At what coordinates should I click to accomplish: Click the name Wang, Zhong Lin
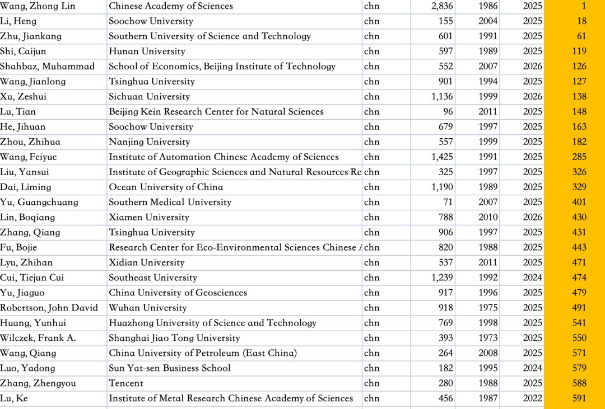click(38, 6)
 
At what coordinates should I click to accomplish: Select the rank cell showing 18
click(581, 21)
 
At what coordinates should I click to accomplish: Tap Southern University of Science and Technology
click(210, 36)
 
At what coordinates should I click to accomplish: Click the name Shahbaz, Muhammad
click(47, 67)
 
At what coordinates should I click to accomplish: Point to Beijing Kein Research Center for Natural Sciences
click(216, 112)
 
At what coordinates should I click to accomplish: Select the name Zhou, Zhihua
click(30, 142)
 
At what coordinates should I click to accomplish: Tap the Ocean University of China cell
click(166, 187)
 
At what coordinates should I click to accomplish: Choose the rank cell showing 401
click(579, 203)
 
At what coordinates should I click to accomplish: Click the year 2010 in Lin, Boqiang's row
click(487, 218)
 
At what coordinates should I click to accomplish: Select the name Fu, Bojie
click(18, 248)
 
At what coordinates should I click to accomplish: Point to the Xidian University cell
click(146, 263)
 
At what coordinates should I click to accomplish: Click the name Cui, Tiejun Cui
click(32, 278)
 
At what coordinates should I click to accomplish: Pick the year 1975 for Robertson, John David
click(487, 308)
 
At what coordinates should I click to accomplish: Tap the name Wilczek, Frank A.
click(38, 339)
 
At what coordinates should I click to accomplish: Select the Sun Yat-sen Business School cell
click(170, 369)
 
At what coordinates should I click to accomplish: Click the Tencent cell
click(126, 384)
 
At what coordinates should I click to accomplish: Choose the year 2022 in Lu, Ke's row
click(533, 399)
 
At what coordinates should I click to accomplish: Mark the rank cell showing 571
click(579, 354)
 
